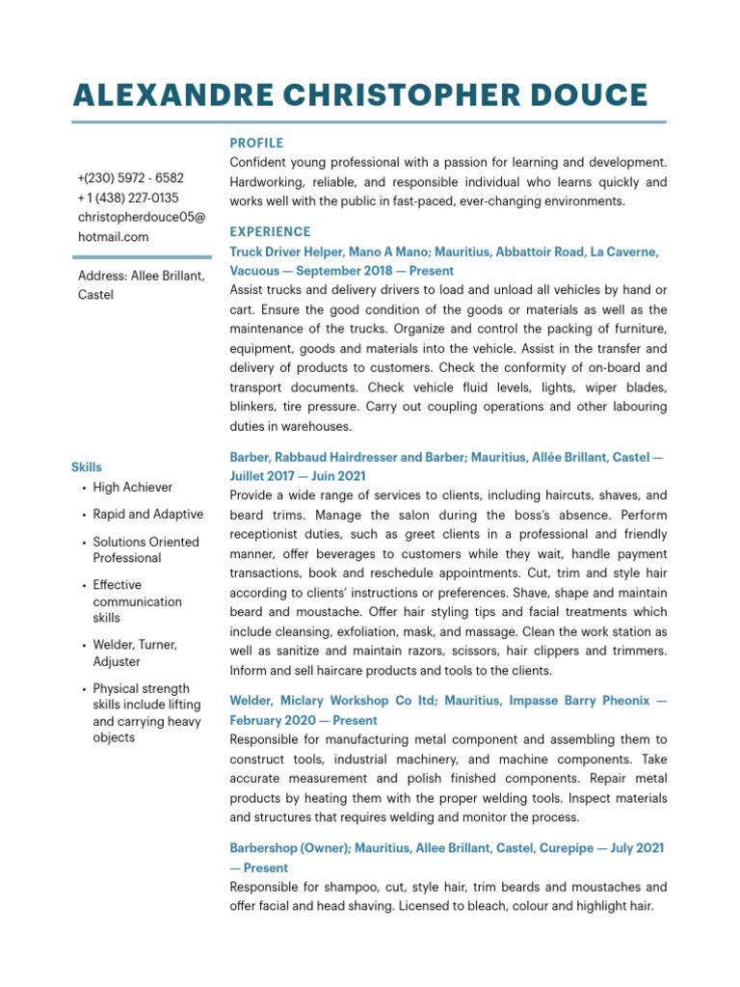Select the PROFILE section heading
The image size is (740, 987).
(256, 143)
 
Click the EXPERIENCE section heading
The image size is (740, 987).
(270, 231)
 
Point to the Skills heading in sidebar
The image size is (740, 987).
(86, 467)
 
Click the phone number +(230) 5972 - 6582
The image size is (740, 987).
(130, 178)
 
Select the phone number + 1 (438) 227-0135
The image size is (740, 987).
(127, 198)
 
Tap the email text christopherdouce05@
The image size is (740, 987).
(141, 217)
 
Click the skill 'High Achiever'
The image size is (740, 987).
(133, 488)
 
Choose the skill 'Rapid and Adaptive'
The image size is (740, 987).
(147, 515)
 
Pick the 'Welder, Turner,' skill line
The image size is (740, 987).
(135, 645)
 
